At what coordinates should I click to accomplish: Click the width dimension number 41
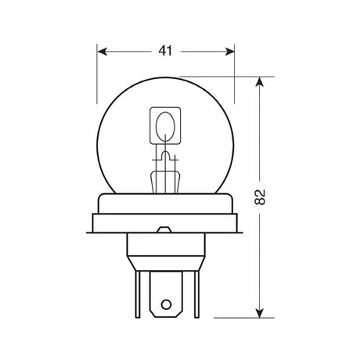click(x=165, y=51)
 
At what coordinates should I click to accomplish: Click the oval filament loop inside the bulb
click(x=165, y=126)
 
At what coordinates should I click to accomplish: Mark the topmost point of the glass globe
click(x=166, y=77)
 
